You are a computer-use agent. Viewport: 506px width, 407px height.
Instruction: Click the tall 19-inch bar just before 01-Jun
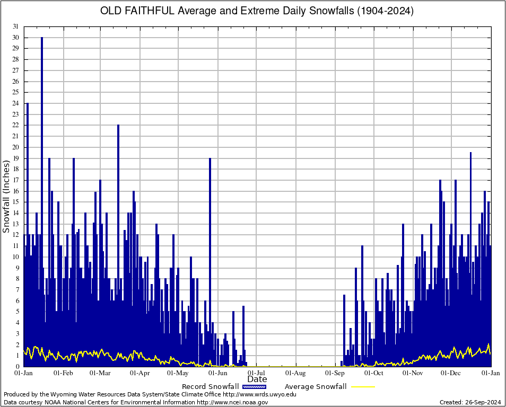(x=210, y=238)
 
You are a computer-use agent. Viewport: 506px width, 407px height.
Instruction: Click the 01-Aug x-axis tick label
(x=296, y=373)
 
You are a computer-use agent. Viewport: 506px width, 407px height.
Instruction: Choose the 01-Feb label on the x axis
(x=63, y=373)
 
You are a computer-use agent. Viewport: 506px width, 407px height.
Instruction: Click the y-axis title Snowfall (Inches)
(x=6, y=197)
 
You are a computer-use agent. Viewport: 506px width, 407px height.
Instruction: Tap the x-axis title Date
(x=257, y=379)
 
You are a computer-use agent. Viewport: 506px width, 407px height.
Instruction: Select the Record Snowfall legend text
(x=210, y=387)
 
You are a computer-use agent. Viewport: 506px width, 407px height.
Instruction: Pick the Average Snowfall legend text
(x=316, y=387)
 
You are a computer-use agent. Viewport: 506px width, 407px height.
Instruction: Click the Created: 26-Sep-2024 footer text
(x=470, y=402)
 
